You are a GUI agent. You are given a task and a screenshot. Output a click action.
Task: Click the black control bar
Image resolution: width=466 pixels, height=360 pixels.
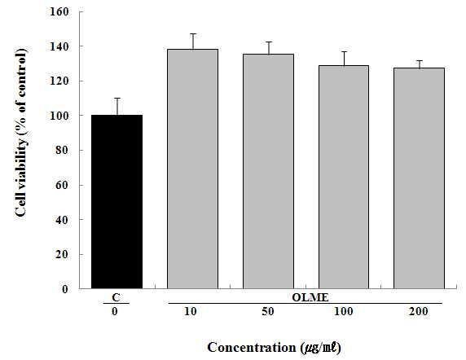(116, 202)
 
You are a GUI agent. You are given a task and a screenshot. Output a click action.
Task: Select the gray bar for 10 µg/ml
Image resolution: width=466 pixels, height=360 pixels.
(192, 169)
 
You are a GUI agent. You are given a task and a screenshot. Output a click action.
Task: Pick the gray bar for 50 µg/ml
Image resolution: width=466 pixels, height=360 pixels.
(268, 171)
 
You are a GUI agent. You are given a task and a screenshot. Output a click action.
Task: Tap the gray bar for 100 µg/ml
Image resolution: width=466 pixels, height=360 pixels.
(344, 177)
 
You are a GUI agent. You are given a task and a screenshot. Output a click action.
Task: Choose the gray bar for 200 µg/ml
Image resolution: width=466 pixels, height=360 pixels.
(419, 178)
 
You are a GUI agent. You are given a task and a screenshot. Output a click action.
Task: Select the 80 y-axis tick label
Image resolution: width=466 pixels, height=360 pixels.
(62, 151)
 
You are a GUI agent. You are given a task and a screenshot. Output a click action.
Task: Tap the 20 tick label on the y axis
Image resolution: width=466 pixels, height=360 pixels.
(62, 254)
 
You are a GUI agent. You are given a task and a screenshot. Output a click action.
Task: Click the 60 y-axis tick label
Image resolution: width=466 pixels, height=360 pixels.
(62, 185)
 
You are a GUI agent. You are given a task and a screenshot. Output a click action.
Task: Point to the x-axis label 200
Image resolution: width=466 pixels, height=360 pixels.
(419, 312)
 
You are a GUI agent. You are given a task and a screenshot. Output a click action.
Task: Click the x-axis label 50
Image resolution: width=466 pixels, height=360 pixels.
(268, 312)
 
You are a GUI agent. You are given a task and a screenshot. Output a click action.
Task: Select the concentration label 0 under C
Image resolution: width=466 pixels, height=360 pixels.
(115, 312)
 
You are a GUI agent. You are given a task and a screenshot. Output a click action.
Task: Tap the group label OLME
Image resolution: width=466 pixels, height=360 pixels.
(310, 297)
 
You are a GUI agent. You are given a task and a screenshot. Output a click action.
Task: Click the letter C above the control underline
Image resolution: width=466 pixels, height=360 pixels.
(116, 297)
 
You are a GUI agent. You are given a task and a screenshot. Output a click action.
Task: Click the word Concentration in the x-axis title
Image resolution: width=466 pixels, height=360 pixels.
(252, 347)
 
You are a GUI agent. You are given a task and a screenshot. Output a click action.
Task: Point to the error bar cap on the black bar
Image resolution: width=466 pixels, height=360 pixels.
(117, 98)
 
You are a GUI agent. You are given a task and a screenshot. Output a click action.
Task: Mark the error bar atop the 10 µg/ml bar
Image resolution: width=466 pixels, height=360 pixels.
(193, 42)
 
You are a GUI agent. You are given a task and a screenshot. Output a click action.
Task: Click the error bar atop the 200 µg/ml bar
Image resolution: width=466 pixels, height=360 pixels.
(420, 64)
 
